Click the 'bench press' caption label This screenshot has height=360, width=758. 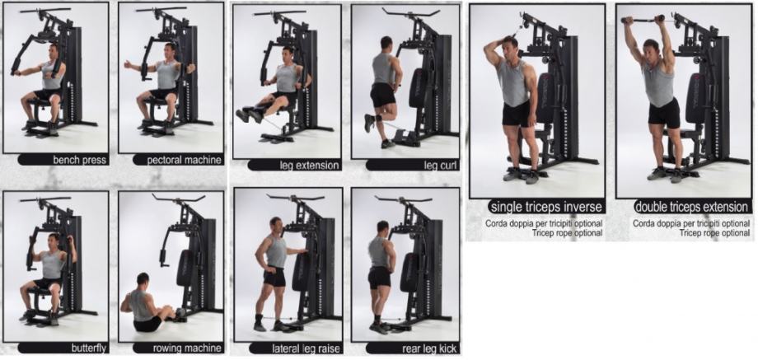(x=80, y=161)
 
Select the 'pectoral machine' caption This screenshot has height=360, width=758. (x=185, y=161)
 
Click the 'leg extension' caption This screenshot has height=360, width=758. (x=310, y=166)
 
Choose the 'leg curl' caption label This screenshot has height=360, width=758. (x=441, y=166)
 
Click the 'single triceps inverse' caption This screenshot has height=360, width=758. (x=546, y=207)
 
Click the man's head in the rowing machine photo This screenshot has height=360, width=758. (x=143, y=279)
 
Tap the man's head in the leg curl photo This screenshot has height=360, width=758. (x=386, y=44)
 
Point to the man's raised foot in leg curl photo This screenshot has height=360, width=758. (x=369, y=124)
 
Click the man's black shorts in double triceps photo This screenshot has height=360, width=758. (x=664, y=113)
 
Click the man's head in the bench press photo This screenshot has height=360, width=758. (x=54, y=51)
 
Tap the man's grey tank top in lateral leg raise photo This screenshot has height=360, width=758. (x=277, y=252)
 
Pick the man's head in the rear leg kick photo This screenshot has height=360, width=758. (x=383, y=227)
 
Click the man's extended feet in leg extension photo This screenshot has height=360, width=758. (x=250, y=115)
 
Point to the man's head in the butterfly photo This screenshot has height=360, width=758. (x=54, y=241)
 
